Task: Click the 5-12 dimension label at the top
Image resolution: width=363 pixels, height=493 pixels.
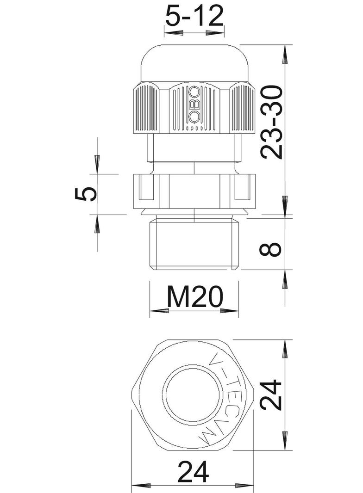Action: (x=194, y=17)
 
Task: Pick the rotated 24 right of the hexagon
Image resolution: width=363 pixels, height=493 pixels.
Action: (x=271, y=395)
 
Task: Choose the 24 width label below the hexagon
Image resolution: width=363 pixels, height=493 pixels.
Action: (x=193, y=472)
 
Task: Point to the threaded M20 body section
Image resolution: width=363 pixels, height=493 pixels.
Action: (x=194, y=245)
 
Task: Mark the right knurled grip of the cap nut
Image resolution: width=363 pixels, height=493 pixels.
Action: (x=242, y=110)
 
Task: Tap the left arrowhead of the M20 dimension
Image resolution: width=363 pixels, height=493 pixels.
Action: (x=157, y=310)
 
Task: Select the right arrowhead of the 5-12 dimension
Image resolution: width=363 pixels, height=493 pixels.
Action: (x=215, y=34)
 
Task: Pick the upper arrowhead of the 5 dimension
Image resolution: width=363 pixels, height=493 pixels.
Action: (x=97, y=164)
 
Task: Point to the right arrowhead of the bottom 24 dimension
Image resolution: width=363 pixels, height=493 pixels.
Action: (x=247, y=486)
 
